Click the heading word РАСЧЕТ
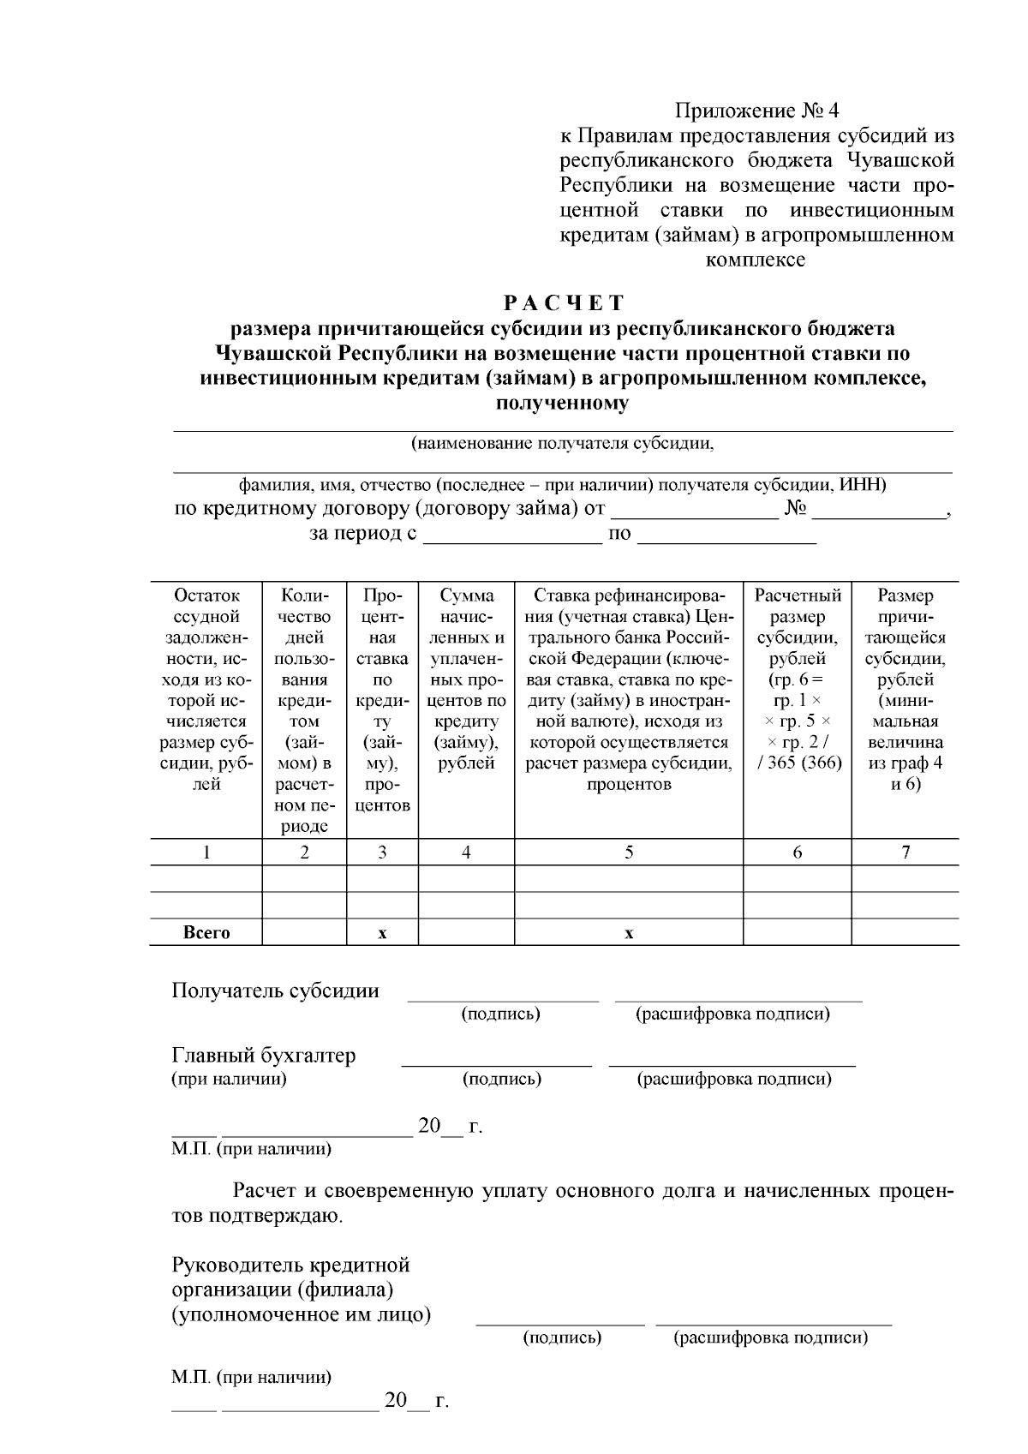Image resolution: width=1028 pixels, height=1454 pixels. pyautogui.click(x=564, y=303)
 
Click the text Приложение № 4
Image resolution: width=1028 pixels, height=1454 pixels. pyautogui.click(x=757, y=111)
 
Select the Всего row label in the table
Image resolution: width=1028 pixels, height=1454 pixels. pyautogui.click(x=206, y=933)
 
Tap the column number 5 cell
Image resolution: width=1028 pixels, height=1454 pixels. pyautogui.click(x=629, y=853)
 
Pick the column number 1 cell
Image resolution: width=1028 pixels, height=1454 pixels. pyautogui.click(x=206, y=853)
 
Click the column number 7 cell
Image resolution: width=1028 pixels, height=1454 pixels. pyautogui.click(x=905, y=853)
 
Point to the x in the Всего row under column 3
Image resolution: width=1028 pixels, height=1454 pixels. pyautogui.click(x=382, y=933)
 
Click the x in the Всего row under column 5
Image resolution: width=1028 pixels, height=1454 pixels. pyautogui.click(x=629, y=933)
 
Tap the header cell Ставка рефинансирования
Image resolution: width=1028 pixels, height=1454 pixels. pyautogui.click(x=629, y=690)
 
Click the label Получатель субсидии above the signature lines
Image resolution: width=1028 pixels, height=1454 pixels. pyautogui.click(x=275, y=991)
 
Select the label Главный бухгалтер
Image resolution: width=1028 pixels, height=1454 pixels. pyautogui.click(x=264, y=1056)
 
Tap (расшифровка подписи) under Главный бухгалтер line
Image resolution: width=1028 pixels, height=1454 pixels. pyautogui.click(x=733, y=1080)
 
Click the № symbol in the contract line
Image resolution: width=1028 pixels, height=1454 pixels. pyautogui.click(x=796, y=510)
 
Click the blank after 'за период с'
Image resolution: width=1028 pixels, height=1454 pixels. pyautogui.click(x=513, y=539)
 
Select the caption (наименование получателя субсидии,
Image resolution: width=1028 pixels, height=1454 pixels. pyautogui.click(x=563, y=444)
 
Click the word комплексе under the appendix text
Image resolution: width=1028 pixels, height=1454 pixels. pyautogui.click(x=756, y=260)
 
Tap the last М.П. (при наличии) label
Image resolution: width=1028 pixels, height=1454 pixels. pyautogui.click(x=251, y=1378)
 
